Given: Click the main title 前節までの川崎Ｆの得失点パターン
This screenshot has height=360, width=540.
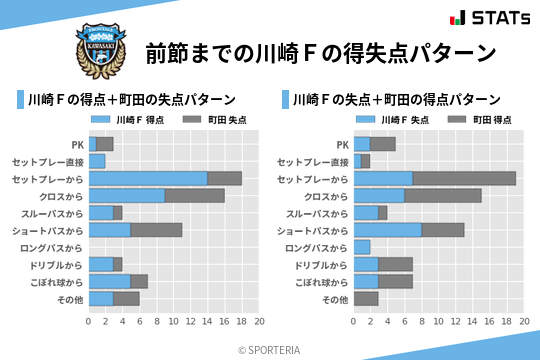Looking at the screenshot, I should coord(320,52).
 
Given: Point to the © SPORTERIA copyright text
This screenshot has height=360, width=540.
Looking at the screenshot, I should coord(270,349).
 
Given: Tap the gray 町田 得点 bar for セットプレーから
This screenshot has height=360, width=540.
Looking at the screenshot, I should coord(464,178).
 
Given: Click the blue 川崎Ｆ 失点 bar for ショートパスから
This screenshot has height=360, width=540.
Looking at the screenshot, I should coord(388,230).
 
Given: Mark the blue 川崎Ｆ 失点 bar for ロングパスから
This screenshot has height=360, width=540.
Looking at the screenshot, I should coord(362,247).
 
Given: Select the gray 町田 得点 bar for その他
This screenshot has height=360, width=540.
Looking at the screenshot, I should coord(366,299).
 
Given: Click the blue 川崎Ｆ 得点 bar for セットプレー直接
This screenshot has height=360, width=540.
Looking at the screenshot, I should coord(97,161).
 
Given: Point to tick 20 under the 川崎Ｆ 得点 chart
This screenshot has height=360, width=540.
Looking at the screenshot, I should coord(259,322).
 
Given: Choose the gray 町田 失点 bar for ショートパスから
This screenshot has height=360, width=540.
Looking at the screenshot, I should coord(157,230).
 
